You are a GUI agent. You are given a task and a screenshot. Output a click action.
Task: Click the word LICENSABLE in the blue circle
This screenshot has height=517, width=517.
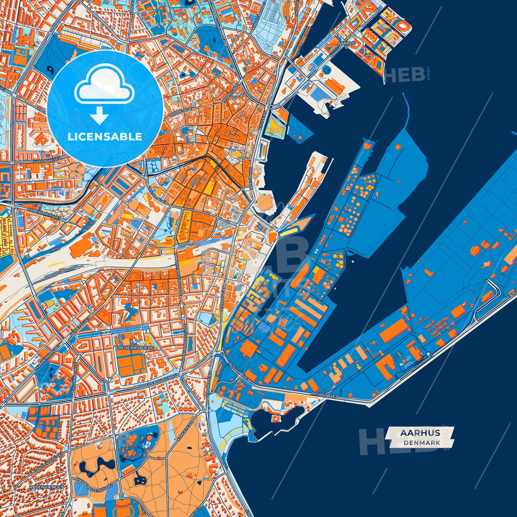[x=105, y=137]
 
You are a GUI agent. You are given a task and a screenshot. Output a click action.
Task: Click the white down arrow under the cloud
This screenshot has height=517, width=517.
[x=99, y=116]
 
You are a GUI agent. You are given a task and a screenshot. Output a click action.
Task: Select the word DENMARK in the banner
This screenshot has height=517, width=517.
[x=422, y=443]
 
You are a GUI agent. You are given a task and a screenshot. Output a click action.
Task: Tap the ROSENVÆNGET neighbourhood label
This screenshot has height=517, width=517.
[x=46, y=487]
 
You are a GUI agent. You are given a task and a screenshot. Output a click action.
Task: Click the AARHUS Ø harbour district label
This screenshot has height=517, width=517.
[x=346, y=44]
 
